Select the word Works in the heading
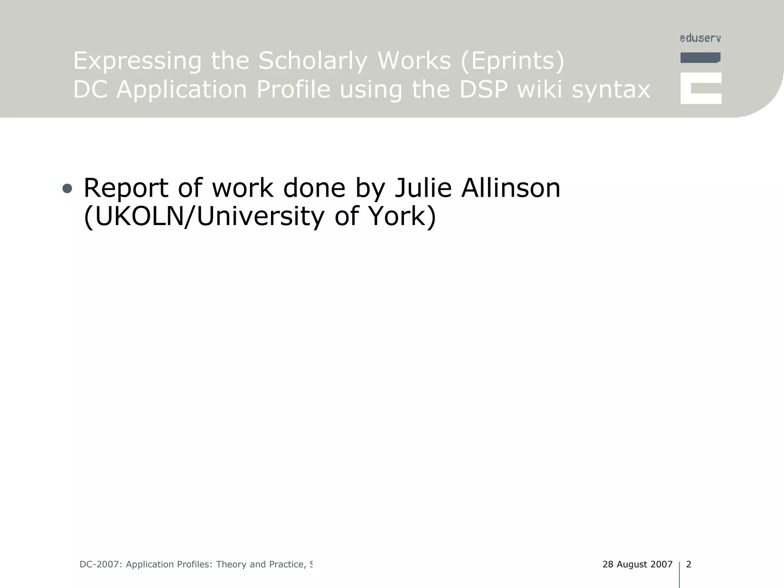click(414, 61)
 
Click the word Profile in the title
click(293, 90)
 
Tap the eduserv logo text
click(700, 38)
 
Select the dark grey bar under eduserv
click(700, 58)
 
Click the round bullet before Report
click(67, 188)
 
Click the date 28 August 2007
click(637, 564)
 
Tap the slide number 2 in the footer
click(689, 564)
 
